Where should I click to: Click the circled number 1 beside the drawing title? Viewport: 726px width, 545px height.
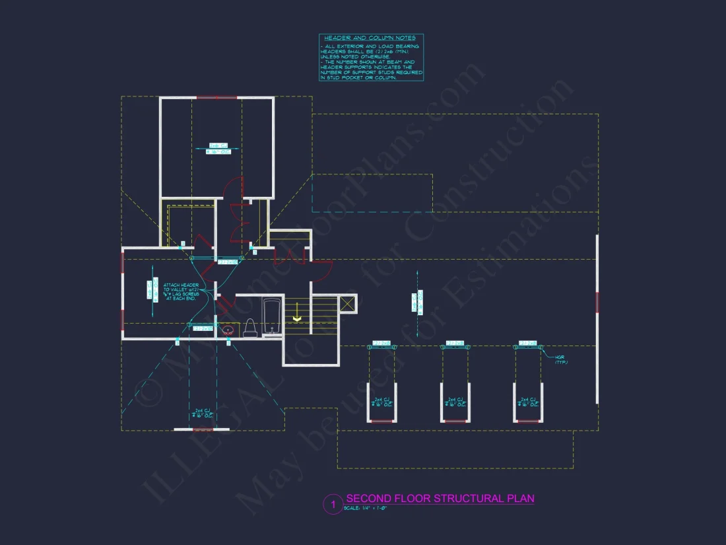pyautogui.click(x=333, y=505)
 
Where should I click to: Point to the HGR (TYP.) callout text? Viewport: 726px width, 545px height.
pyautogui.click(x=561, y=360)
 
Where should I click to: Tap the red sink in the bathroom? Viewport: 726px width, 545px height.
pyautogui.click(x=228, y=329)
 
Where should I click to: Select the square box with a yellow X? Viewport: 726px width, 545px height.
pyautogui.click(x=348, y=303)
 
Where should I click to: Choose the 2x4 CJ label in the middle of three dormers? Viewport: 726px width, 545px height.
pyautogui.click(x=454, y=402)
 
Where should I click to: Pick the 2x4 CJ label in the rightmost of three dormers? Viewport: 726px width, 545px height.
pyautogui.click(x=527, y=402)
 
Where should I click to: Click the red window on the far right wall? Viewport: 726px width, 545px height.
pyautogui.click(x=597, y=303)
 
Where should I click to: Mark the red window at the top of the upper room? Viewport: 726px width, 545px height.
pyautogui.click(x=216, y=98)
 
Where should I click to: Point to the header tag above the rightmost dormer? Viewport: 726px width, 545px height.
pyautogui.click(x=528, y=344)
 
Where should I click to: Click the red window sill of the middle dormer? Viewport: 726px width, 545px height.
pyautogui.click(x=455, y=421)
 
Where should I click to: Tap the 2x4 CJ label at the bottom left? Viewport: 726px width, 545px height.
pyautogui.click(x=203, y=412)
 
